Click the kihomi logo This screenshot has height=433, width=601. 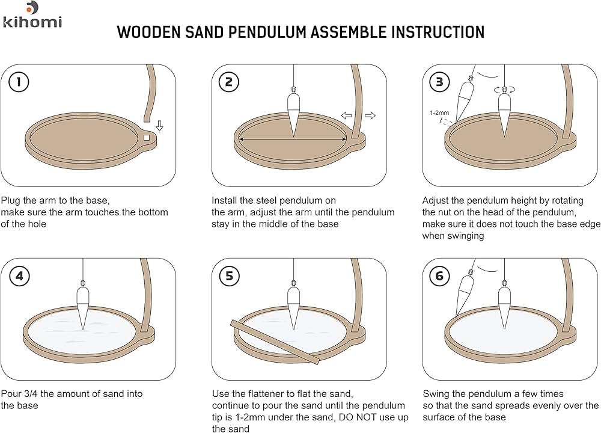tap(32, 15)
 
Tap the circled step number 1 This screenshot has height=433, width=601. tap(19, 82)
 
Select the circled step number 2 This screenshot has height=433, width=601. tap(229, 82)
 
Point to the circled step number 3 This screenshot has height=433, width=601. tap(440, 82)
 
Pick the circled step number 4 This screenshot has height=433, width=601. tap(19, 276)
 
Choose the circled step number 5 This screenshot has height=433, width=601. tap(229, 276)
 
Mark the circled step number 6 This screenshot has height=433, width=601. tap(440, 276)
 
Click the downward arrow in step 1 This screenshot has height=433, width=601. tap(159, 126)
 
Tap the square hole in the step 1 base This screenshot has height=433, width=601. tap(147, 137)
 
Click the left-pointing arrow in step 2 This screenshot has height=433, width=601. tap(347, 115)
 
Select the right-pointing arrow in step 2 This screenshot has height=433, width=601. tap(370, 115)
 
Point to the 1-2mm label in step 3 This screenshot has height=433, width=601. tap(439, 112)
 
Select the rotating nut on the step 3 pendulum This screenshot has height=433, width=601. tap(504, 90)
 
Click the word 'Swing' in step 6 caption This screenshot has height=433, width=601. tap(436, 394)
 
